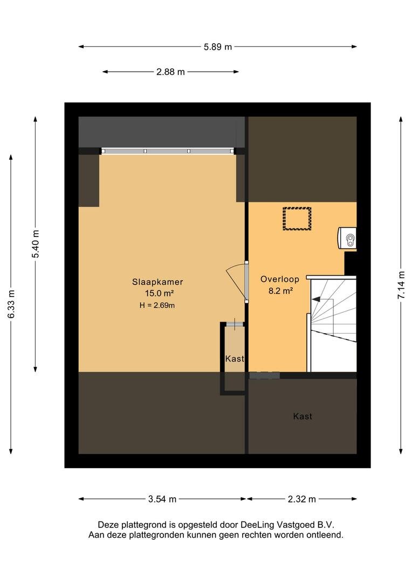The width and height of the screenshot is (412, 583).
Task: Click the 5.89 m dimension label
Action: point(217,47)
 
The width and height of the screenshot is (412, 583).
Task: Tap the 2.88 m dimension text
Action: point(170,72)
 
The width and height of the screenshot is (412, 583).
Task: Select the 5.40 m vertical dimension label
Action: point(36,244)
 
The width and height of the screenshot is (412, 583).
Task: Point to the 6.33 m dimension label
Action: point(11,304)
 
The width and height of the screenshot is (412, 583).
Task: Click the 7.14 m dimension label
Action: point(401,285)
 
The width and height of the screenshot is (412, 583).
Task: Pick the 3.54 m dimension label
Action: point(162,499)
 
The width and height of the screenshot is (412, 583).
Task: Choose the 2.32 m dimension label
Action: point(301,499)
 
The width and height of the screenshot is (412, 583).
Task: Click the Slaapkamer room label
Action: point(157,282)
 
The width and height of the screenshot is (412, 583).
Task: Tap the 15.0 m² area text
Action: point(160,293)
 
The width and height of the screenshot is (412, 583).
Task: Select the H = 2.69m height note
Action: point(157,306)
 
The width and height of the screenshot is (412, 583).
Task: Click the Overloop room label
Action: point(280,279)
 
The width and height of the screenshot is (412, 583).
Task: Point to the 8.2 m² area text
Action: point(281,291)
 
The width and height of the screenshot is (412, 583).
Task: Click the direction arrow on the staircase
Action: point(317,299)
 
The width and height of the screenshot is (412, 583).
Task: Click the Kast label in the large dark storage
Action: point(303,416)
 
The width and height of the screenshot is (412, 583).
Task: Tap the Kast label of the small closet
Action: point(235,358)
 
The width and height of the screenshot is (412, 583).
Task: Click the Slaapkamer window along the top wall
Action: point(168,151)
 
